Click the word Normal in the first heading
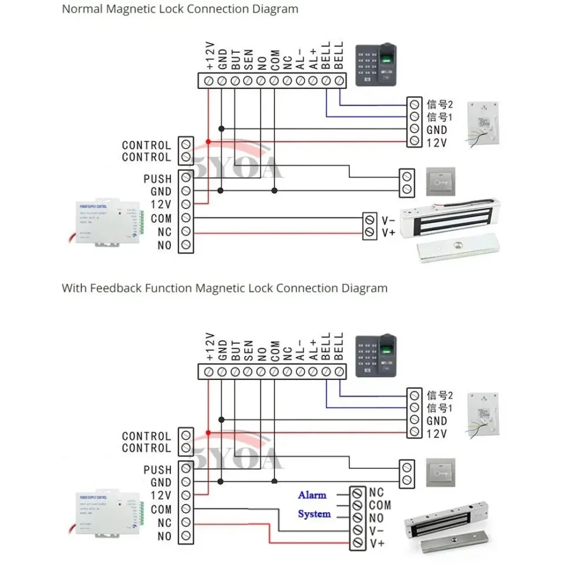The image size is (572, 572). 81,10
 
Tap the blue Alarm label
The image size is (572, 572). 312,494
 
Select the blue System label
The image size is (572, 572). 314,514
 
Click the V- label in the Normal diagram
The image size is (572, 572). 388,220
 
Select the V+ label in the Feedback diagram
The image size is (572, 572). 377,543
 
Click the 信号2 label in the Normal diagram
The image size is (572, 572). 440,104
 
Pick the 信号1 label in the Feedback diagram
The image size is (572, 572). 440,408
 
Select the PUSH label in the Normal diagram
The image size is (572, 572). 157,179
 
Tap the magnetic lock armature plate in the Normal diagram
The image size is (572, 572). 457,251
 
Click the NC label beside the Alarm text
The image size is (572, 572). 376,493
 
